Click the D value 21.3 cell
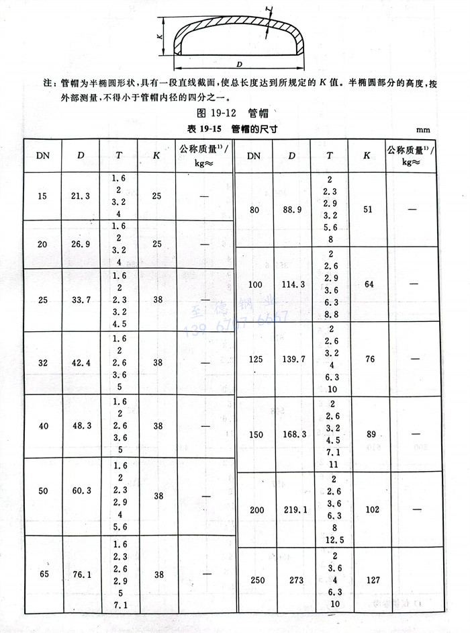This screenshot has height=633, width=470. pos(80,196)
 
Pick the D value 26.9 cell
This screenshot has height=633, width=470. pos(80,244)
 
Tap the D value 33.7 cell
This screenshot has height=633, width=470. pos(80,299)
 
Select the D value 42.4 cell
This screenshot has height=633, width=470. pos(80,363)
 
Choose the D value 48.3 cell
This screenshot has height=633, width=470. pos(80,426)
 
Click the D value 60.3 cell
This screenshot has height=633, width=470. pos(80,491)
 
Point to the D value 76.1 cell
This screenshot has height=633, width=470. pos(80,574)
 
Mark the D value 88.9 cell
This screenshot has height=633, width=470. pos(292,210)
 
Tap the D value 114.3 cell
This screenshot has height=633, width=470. pos(292,284)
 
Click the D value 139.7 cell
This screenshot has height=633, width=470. pos(292,360)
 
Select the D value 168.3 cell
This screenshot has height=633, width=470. pos(292,435)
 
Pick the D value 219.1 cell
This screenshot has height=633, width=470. pos(292,510)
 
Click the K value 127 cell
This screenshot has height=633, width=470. pos(367,579)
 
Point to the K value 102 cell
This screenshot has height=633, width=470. pos(367,510)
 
